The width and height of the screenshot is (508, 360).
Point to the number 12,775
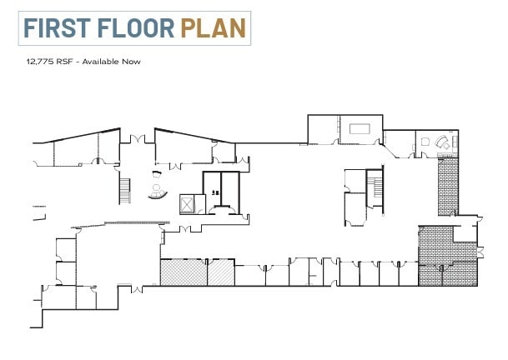(41, 61)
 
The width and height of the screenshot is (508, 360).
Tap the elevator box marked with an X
(187, 203)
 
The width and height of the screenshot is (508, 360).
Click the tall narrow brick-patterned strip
(448, 187)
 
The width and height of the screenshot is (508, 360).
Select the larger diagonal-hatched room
(183, 272)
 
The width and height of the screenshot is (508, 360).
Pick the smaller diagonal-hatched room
(220, 272)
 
